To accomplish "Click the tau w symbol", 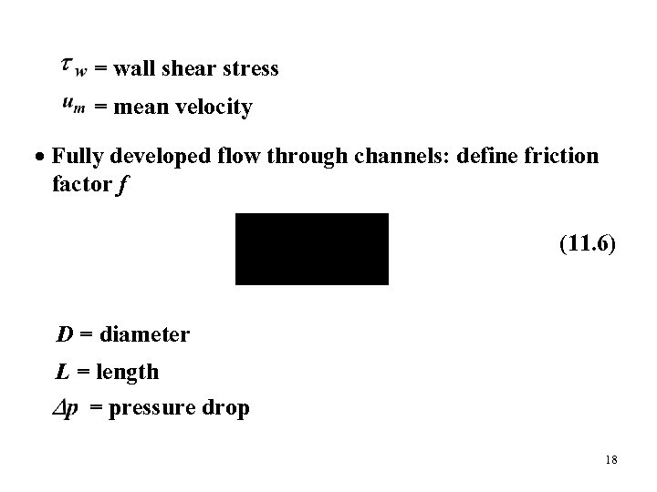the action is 73,67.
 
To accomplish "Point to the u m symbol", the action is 74,108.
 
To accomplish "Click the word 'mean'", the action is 139,108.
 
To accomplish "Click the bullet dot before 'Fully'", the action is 42,157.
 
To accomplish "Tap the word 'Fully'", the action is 76,157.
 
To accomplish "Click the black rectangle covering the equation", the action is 312,249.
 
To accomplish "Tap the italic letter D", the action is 65,334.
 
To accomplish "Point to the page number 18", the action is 610,461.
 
